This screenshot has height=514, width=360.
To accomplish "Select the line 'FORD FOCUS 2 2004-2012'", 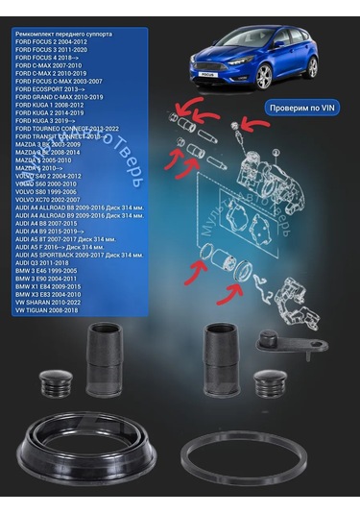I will (x=56, y=41).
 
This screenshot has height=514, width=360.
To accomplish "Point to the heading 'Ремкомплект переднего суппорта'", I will (x=67, y=33).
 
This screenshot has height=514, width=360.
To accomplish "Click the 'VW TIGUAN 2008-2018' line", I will (x=55, y=310).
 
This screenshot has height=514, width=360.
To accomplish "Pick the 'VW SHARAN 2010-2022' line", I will (x=55, y=302).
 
